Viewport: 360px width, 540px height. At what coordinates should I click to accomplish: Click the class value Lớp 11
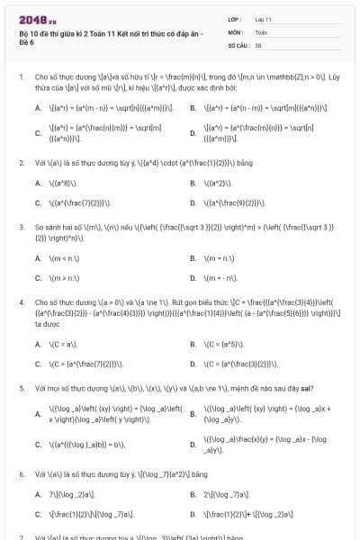click(x=263, y=18)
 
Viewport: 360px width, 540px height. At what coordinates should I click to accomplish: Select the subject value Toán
click(x=261, y=31)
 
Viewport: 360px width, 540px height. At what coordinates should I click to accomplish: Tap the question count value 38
click(x=258, y=43)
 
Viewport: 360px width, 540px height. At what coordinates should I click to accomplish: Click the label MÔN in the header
click(x=235, y=31)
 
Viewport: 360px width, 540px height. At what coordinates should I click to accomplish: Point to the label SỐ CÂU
click(x=238, y=43)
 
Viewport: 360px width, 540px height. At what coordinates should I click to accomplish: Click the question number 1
click(x=21, y=77)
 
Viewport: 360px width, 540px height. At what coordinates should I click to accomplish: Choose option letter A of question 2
click(x=38, y=183)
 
